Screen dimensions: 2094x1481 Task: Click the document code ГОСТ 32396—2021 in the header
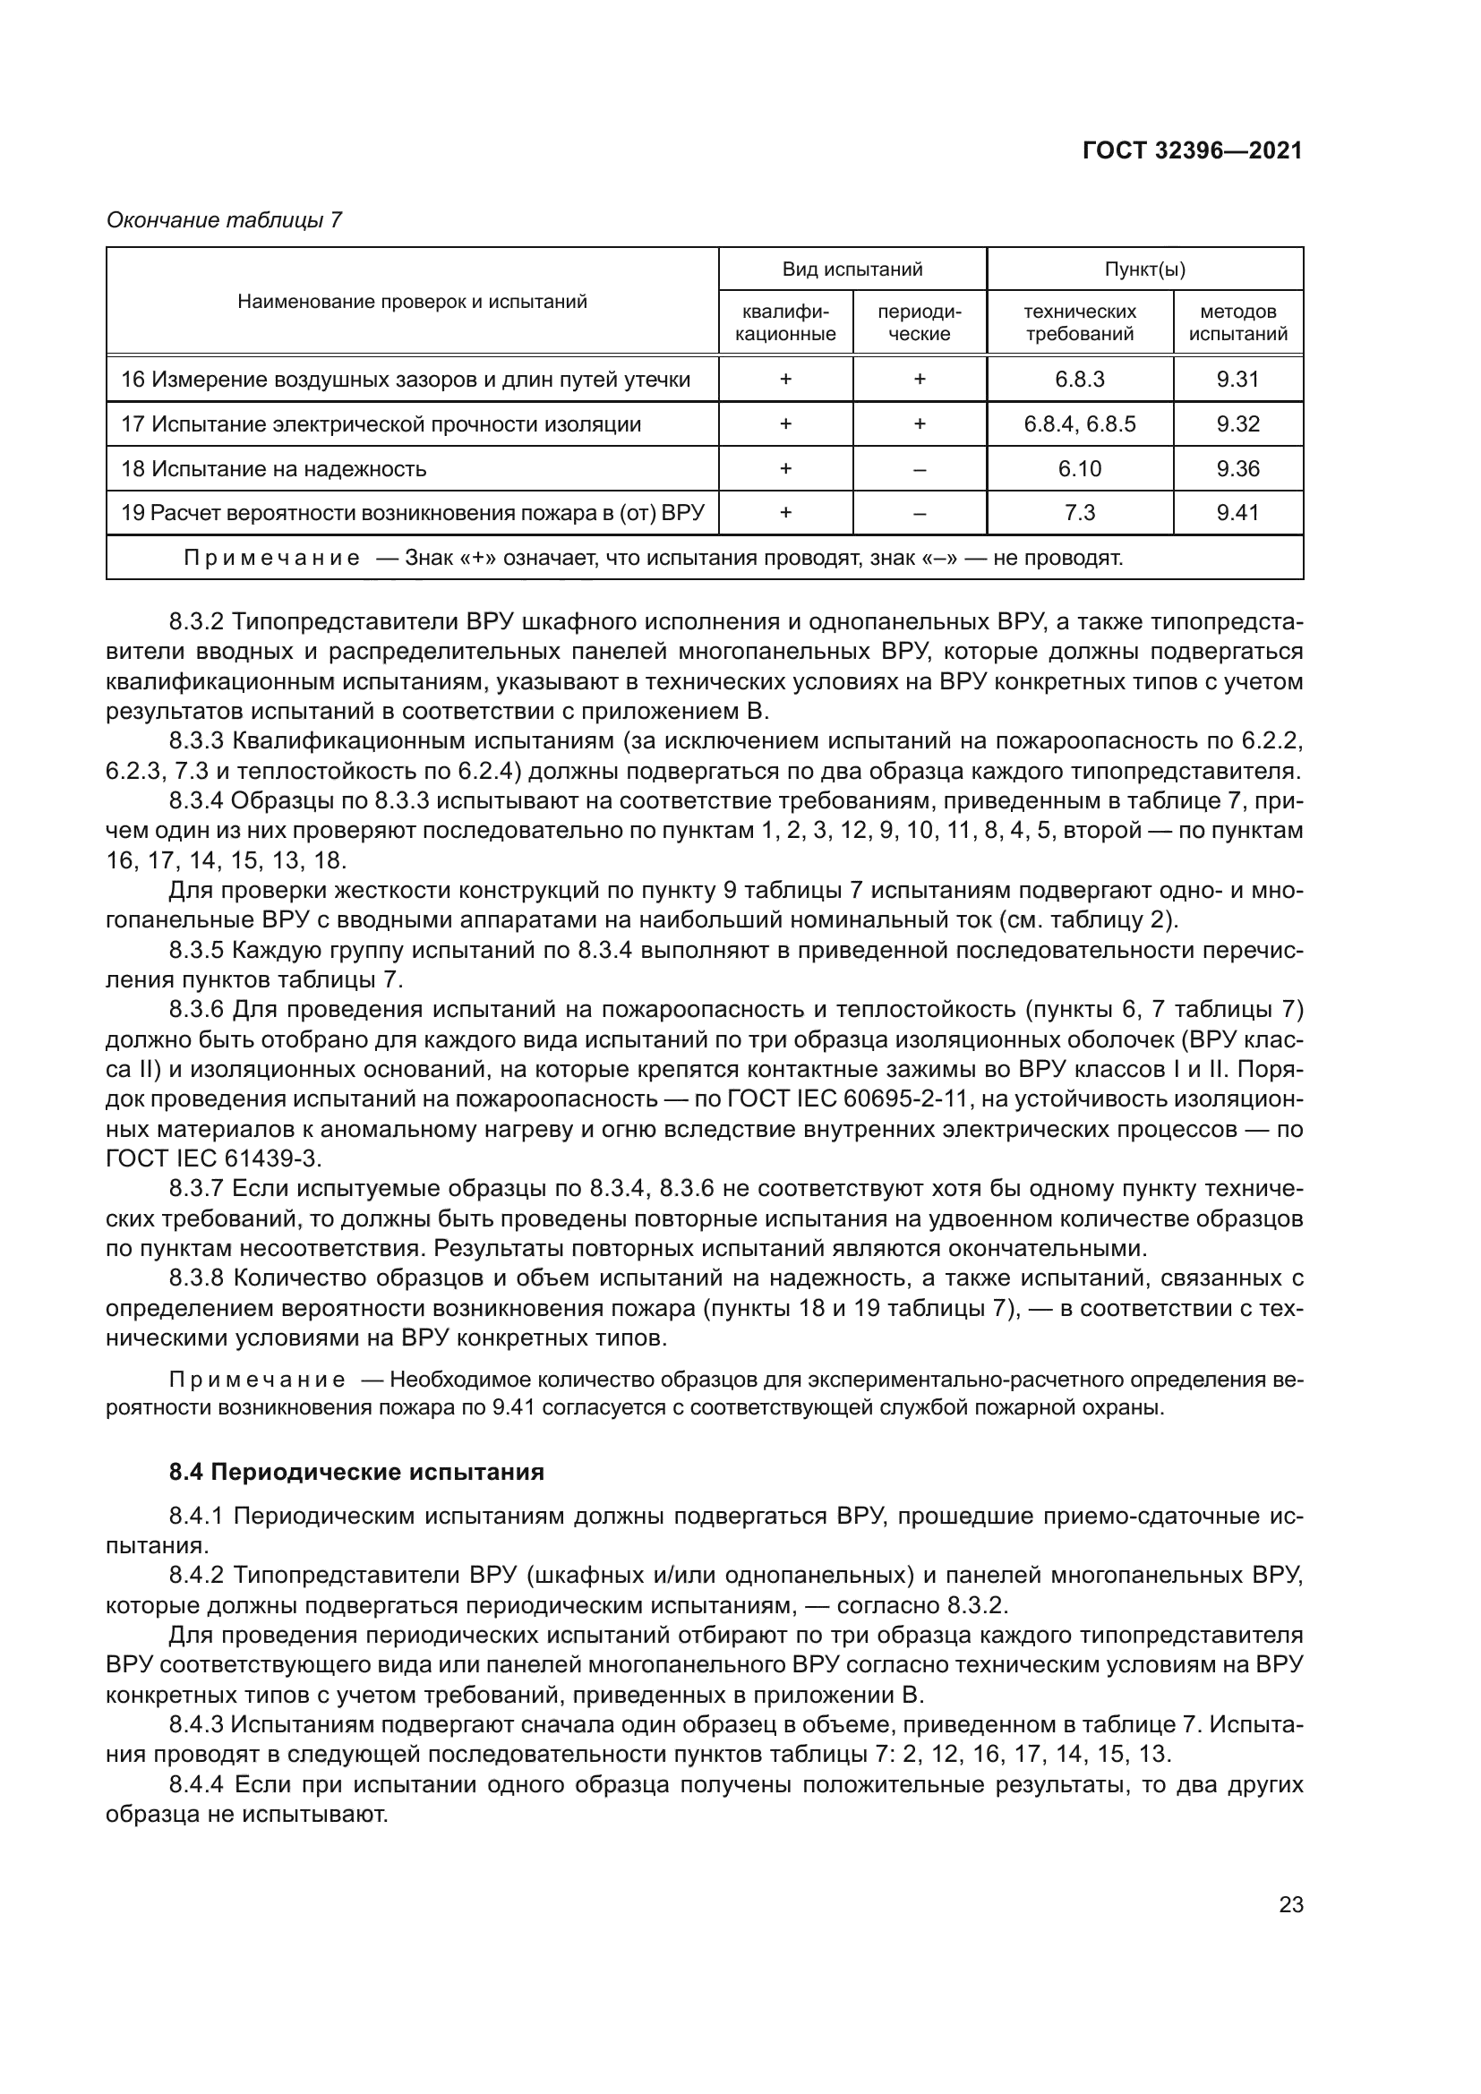click(1192, 150)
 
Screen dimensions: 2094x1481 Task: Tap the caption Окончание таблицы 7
click(224, 221)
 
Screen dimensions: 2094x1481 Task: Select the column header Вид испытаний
click(852, 269)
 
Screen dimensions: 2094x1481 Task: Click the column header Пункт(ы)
click(1144, 269)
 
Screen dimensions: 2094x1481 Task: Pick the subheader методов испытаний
click(1237, 323)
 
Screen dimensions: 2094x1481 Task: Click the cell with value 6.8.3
click(1079, 380)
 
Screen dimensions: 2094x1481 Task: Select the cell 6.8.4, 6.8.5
click(1079, 424)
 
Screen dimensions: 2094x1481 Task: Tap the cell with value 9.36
click(1237, 469)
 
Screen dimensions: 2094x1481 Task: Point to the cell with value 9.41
click(1237, 513)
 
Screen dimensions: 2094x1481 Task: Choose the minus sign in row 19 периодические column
click(920, 514)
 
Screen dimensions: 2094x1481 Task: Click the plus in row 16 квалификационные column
click(785, 380)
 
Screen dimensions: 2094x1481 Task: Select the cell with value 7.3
click(1079, 513)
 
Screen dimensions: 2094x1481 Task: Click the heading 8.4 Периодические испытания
click(356, 1472)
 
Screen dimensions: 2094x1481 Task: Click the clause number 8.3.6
click(196, 1010)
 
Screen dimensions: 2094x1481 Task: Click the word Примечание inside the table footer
click(270, 558)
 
